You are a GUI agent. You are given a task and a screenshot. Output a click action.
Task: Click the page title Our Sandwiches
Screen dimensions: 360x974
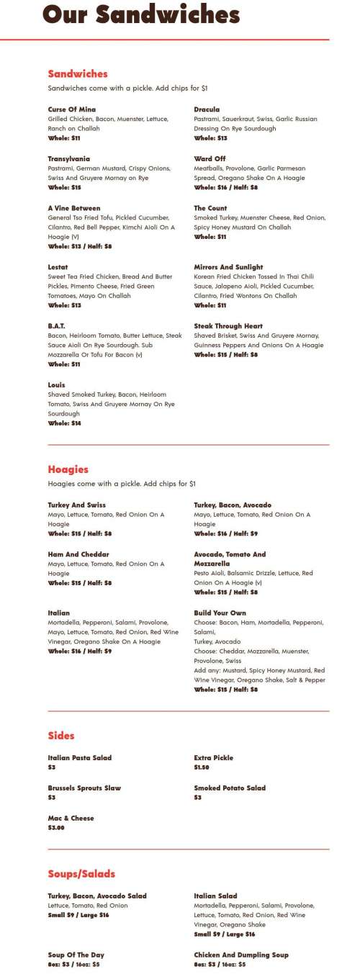pos(140,15)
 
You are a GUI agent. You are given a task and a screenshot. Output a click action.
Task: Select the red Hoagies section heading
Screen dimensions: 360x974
pos(68,469)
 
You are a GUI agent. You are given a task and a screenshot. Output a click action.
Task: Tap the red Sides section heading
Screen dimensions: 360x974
pos(61,736)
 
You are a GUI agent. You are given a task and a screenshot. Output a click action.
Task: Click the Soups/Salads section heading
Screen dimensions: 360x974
pos(81,874)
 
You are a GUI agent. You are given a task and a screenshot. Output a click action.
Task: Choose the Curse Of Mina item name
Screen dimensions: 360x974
pos(72,109)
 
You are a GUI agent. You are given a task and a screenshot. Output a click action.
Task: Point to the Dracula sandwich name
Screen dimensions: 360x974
pos(207,109)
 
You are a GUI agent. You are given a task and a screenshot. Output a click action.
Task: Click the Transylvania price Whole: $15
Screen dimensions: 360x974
pos(65,187)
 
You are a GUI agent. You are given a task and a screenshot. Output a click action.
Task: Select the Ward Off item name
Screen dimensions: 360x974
pos(210,158)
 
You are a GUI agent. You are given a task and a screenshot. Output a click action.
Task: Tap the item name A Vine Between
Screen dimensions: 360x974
pos(74,208)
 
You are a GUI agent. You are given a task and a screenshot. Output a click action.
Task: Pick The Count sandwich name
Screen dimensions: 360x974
pos(210,208)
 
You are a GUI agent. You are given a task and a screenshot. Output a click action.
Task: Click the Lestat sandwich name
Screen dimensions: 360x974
pos(58,267)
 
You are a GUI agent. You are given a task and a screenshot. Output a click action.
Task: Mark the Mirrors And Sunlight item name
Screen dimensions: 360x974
pos(228,267)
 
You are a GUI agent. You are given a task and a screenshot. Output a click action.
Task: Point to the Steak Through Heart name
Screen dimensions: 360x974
pos(228,326)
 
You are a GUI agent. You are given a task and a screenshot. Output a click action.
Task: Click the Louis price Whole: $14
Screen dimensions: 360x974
pos(65,423)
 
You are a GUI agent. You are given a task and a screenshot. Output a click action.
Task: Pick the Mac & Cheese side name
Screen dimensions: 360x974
pos(71,819)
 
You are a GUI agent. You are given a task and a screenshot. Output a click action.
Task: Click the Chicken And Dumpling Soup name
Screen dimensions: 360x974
pos(241,955)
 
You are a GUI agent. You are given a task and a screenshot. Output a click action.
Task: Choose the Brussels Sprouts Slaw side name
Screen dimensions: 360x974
pos(84,788)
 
